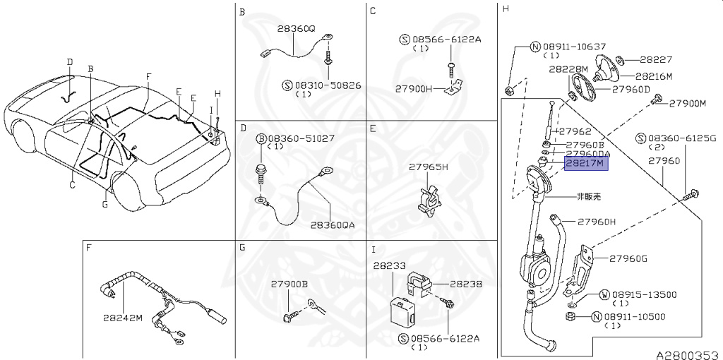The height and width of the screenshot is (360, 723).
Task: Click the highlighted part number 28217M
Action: click(585, 163)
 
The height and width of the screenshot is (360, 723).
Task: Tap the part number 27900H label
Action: click(414, 90)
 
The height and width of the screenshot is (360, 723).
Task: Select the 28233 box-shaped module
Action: click(403, 308)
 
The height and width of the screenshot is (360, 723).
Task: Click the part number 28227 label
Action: click(656, 61)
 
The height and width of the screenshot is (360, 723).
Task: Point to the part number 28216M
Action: click(653, 76)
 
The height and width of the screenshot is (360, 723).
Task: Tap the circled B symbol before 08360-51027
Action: click(262, 139)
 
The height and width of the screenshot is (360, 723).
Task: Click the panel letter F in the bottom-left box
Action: click(88, 248)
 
